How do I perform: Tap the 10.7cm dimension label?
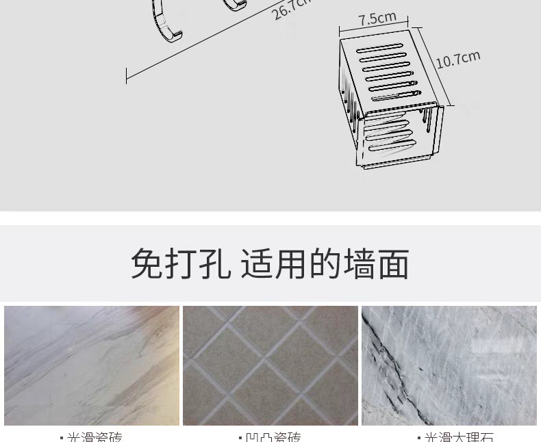(458, 59)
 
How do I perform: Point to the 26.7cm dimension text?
(291, 10)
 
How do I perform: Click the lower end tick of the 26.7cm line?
(127, 75)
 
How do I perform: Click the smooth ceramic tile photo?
(92, 365)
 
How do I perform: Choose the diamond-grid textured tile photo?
(270, 365)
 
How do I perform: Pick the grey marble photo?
(449, 365)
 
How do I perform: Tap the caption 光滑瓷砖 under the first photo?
(95, 437)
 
